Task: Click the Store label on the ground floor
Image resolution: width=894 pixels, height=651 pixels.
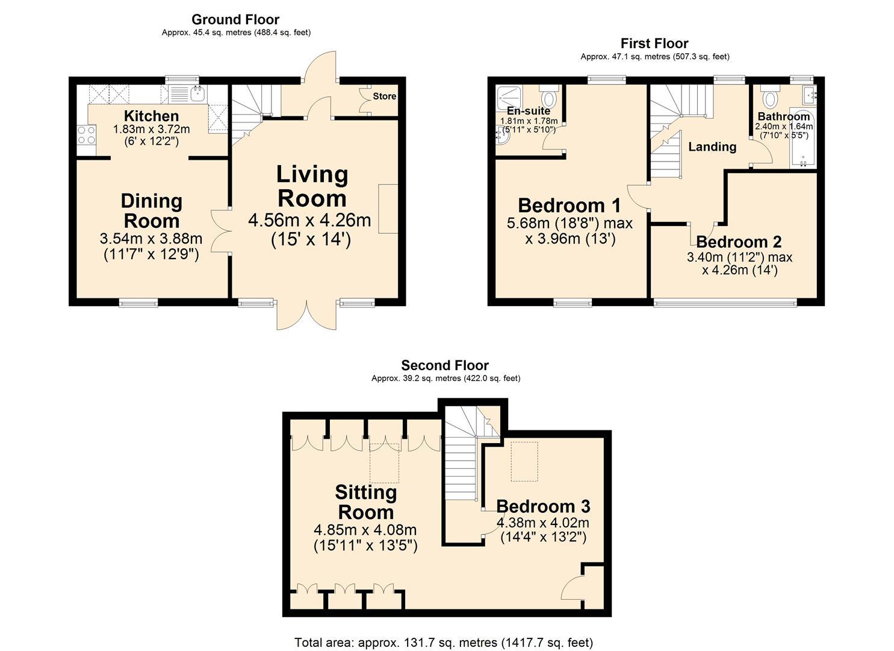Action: (x=384, y=96)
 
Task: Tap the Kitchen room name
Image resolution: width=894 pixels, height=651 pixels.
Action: (x=151, y=116)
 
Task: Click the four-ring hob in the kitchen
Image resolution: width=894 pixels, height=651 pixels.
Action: (x=86, y=134)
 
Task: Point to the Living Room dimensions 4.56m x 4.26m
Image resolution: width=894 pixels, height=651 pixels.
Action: (x=309, y=221)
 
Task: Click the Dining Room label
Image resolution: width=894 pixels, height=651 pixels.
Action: (x=151, y=210)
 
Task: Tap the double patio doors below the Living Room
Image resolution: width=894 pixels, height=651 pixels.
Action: (x=307, y=315)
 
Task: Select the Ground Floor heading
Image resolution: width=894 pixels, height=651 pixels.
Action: (x=235, y=19)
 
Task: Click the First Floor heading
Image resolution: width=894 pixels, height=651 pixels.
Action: (x=654, y=43)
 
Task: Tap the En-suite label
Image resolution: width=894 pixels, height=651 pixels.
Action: (x=529, y=111)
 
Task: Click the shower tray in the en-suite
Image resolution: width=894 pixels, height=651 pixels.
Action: (x=509, y=97)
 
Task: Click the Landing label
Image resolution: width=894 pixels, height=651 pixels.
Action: (x=712, y=146)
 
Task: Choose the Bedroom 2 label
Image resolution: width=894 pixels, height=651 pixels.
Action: (x=739, y=242)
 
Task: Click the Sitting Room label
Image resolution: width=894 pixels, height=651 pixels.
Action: (x=365, y=502)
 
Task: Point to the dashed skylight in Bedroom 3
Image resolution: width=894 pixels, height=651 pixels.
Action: (x=524, y=461)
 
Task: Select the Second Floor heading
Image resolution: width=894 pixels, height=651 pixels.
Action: (x=445, y=365)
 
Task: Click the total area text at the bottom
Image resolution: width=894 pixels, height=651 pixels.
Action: (x=444, y=642)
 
